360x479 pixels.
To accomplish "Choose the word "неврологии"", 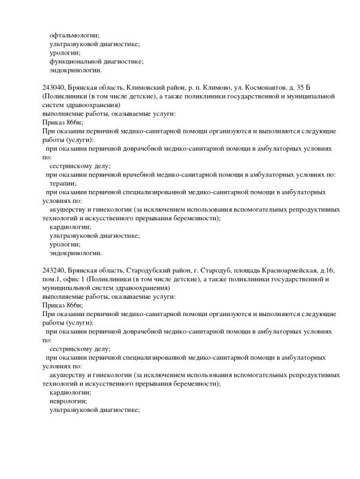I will pyautogui.click(x=68, y=401).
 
